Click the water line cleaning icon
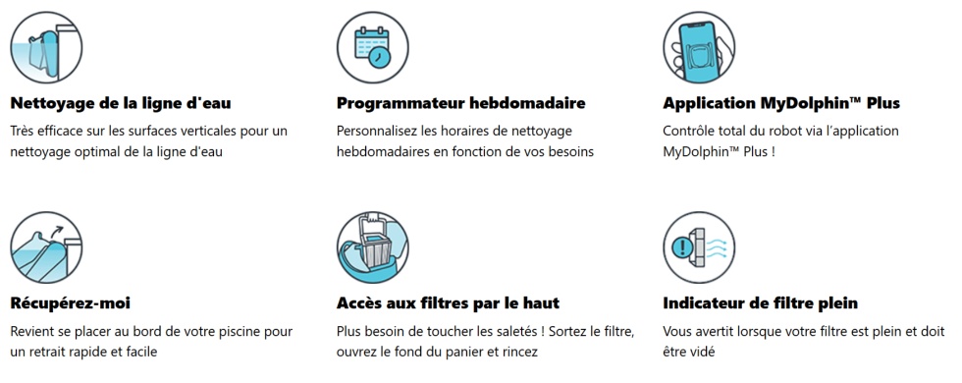click(x=46, y=47)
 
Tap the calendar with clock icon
click(x=372, y=47)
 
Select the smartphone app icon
click(x=699, y=47)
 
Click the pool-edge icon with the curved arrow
click(x=46, y=247)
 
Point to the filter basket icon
click(x=372, y=247)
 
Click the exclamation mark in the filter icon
click(x=681, y=247)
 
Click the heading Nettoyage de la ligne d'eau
click(x=121, y=103)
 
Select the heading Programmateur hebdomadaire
click(x=460, y=103)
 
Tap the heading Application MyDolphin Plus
click(x=781, y=103)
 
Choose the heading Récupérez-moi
click(x=70, y=303)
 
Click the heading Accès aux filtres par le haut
click(x=448, y=303)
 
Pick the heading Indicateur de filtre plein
click(x=760, y=303)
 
